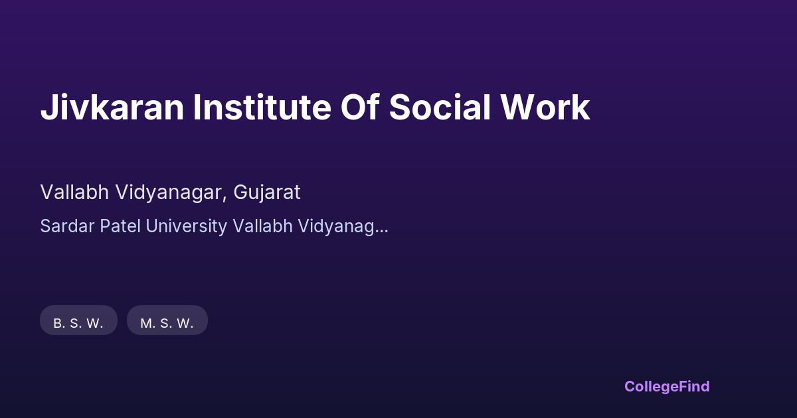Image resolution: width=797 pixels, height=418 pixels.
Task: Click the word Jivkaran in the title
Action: coord(112,107)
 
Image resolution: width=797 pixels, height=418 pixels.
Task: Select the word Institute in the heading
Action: coord(262,107)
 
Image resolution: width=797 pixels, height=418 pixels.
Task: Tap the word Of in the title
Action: coord(360,106)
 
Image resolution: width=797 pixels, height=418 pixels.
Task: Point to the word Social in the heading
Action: coord(440,107)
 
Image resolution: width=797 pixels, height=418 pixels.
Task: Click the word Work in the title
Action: coord(545,107)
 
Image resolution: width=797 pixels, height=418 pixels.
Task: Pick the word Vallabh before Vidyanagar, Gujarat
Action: coord(74,192)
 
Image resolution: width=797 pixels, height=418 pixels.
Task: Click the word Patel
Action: coord(120,226)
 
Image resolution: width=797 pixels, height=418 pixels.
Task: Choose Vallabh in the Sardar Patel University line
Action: coord(262,226)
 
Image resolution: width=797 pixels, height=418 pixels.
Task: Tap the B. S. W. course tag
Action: coord(78,320)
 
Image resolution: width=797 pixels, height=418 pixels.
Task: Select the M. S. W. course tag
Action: coord(167,320)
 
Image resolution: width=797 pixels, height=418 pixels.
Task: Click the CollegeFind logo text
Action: coord(667,387)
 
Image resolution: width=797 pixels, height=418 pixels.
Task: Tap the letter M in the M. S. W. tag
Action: coord(146,323)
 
